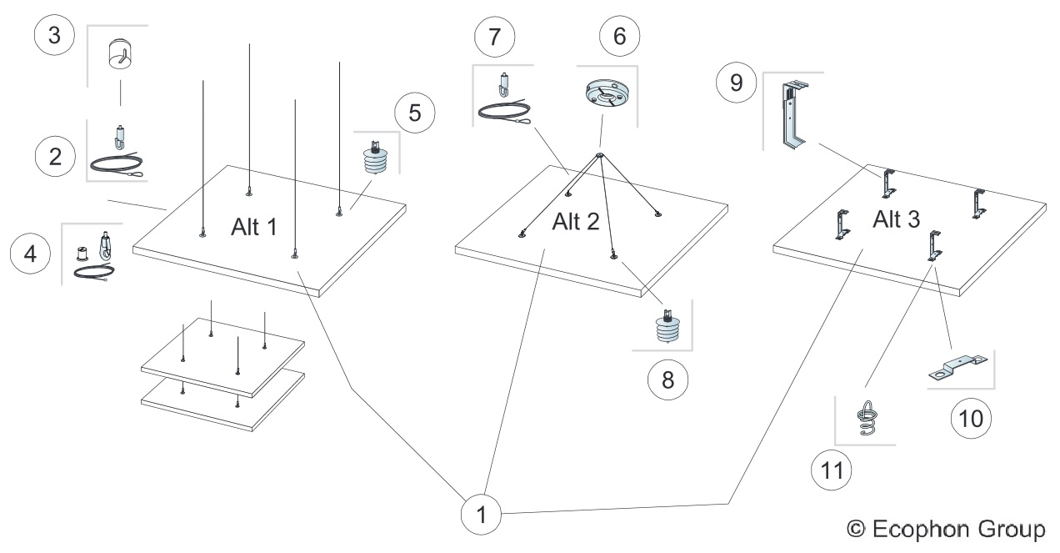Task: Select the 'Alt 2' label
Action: (576, 222)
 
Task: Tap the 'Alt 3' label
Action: (897, 220)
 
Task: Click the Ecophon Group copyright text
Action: (944, 528)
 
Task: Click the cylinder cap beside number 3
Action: (120, 55)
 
